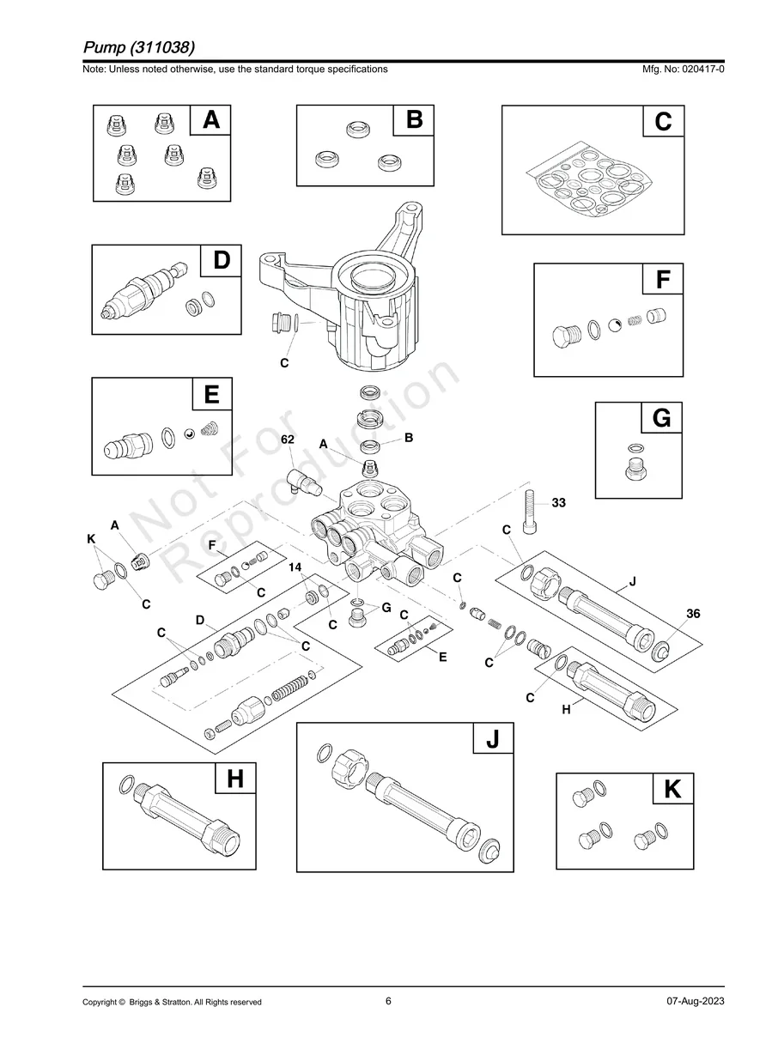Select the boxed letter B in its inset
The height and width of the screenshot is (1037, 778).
coord(414,121)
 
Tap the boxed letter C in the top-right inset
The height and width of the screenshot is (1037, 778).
coord(663,123)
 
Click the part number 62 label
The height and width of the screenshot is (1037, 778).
coord(288,439)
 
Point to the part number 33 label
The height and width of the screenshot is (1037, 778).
coord(558,503)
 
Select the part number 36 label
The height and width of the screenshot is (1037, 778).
coord(694,613)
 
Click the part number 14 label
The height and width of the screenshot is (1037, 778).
coord(295,567)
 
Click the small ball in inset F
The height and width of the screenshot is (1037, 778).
coord(616,325)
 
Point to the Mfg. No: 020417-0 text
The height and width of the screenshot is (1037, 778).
coord(677,69)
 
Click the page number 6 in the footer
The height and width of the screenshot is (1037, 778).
coord(388,1001)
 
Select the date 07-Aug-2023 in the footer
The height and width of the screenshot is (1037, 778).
coord(695,1002)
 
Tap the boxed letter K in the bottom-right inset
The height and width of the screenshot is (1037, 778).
coord(672,790)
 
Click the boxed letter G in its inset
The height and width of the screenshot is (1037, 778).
coord(661,420)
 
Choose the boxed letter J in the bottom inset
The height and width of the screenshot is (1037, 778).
coord(492,740)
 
